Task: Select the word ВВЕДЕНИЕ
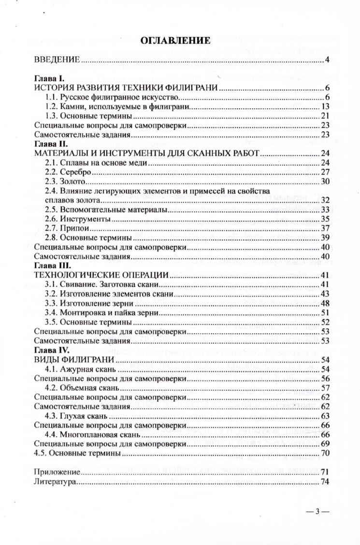point(57,60)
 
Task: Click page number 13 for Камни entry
point(325,106)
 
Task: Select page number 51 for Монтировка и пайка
point(325,312)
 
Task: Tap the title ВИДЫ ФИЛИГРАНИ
point(74,360)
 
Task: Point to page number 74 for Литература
point(325,482)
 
